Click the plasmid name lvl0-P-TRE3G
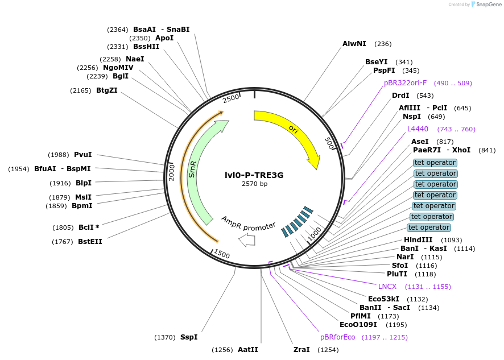[254, 175]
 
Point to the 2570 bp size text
[254, 184]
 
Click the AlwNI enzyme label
[354, 44]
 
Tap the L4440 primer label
[418, 129]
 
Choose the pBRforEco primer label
[337, 337]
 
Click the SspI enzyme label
[189, 337]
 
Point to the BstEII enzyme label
[90, 242]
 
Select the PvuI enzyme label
[82, 155]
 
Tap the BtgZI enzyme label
[106, 90]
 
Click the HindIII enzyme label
[418, 240]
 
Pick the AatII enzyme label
[248, 350]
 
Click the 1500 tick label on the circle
[221, 255]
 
